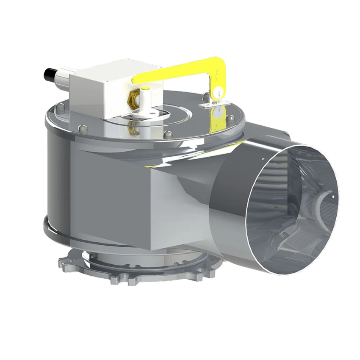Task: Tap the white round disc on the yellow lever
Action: (x=218, y=90)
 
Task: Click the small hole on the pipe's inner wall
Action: (x=333, y=197)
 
